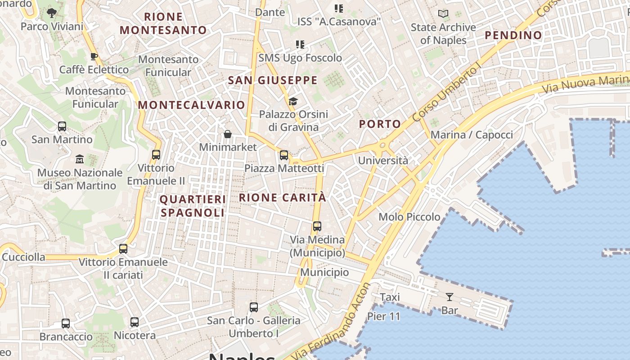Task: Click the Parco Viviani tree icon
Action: tap(52, 13)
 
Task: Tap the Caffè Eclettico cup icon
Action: tap(94, 56)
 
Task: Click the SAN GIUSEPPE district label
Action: tap(273, 81)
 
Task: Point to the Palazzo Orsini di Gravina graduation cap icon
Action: tap(293, 101)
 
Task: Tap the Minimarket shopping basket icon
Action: tap(228, 134)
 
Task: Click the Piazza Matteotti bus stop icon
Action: tap(284, 155)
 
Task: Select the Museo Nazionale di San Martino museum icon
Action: tap(80, 159)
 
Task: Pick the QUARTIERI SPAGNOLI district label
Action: tap(193, 206)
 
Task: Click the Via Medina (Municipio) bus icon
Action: tap(317, 226)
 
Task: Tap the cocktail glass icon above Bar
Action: tap(449, 297)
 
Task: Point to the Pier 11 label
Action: tap(383, 316)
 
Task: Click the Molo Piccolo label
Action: tap(409, 217)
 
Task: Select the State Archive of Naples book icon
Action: tap(443, 14)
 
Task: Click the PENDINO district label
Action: tap(513, 35)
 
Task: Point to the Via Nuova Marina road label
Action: tap(585, 83)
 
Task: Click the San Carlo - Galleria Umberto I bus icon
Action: tap(254, 307)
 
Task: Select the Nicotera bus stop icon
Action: tap(135, 322)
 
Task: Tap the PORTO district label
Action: tap(380, 124)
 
